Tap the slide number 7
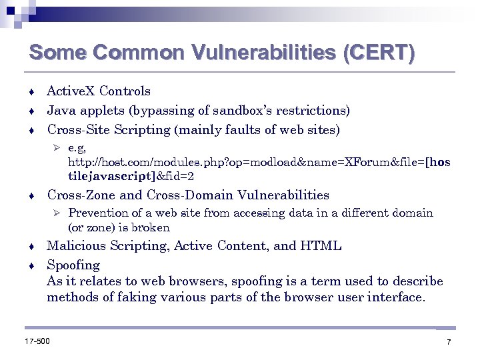click(449, 342)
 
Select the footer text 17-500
click(37, 341)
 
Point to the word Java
click(61, 110)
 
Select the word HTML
click(321, 246)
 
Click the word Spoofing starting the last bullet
click(73, 265)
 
